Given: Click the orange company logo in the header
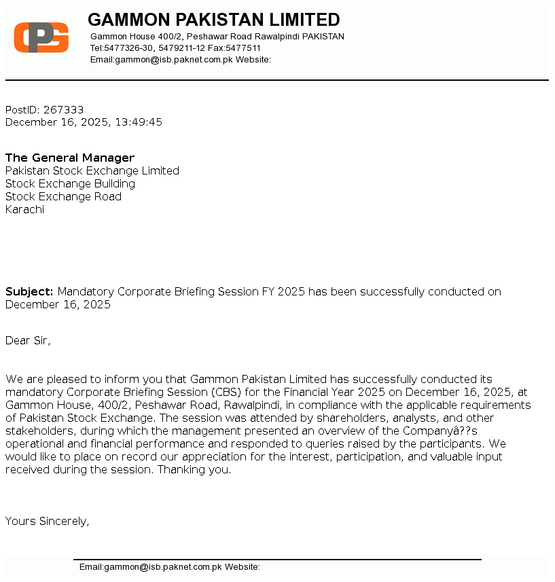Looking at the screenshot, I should (41, 37).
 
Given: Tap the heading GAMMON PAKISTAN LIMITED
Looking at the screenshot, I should (213, 19).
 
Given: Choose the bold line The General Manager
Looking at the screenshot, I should (70, 158).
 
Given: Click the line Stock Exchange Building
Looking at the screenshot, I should (70, 183).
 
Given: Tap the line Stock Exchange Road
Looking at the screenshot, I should (63, 196).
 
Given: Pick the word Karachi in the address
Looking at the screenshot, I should (24, 209).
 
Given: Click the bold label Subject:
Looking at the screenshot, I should (29, 291).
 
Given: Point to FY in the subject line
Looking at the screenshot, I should (269, 291).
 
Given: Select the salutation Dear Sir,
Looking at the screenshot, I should (28, 340).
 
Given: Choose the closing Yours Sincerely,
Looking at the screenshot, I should (48, 521).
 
